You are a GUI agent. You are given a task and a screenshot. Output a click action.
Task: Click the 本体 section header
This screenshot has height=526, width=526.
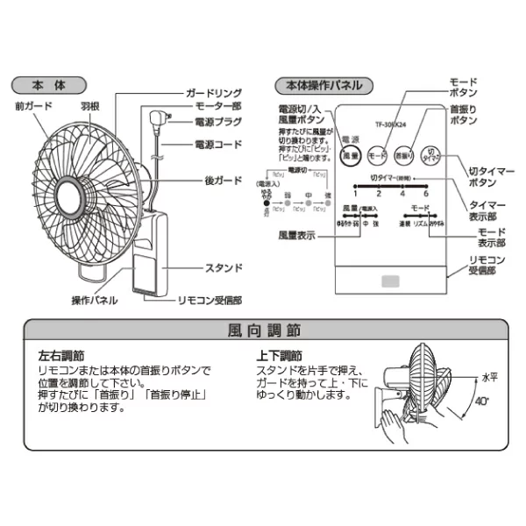tap(48, 86)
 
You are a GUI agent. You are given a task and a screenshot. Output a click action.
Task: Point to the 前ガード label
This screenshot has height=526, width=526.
tap(33, 105)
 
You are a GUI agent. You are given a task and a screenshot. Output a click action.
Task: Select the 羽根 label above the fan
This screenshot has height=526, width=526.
tap(90, 105)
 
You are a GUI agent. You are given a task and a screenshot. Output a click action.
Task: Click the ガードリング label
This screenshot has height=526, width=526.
tap(211, 91)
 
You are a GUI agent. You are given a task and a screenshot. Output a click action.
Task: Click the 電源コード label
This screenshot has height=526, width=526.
tap(215, 143)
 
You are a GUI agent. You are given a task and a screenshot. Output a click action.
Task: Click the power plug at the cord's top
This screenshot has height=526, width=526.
tap(159, 118)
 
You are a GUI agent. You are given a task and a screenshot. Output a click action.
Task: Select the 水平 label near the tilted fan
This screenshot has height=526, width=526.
tap(489, 375)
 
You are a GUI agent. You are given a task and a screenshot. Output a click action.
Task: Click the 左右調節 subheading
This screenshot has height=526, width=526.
tap(60, 358)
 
